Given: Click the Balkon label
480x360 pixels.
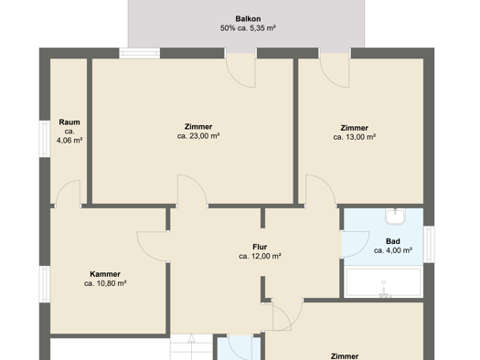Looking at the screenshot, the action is click(x=248, y=18).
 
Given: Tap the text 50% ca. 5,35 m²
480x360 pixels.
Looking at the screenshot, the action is click(x=248, y=28).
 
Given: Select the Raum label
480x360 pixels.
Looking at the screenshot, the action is click(x=69, y=122).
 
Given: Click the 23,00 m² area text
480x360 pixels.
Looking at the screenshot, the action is click(x=198, y=136).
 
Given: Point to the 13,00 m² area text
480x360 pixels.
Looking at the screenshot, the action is click(x=355, y=137).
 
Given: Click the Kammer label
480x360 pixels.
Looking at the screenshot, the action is click(x=105, y=274).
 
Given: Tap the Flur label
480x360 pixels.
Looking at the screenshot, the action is click(x=260, y=247).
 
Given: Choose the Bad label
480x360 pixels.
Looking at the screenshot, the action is click(x=393, y=241).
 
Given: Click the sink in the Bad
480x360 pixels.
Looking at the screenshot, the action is click(x=395, y=216).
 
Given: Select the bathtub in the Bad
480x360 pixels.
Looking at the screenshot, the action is click(x=384, y=282).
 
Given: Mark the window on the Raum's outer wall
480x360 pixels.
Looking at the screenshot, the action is click(x=45, y=139).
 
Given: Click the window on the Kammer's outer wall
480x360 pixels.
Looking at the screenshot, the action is click(x=45, y=284).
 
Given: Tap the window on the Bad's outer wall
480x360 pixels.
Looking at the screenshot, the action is click(x=429, y=244).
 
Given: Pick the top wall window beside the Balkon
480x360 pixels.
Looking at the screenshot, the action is click(x=139, y=53).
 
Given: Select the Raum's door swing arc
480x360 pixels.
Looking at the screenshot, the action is click(x=63, y=188).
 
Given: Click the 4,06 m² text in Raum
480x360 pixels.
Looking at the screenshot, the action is click(x=69, y=141).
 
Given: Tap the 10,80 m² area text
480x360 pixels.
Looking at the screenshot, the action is click(x=105, y=283).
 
